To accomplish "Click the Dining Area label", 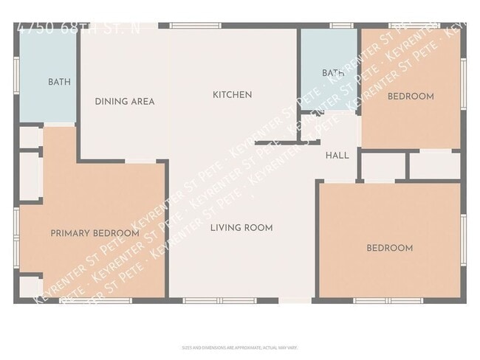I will pos(125,102).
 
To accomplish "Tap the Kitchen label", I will pos(233,94).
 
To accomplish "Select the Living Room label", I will pos(241,228).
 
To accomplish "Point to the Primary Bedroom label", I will pos(95,233).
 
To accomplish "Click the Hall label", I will pos(337,156).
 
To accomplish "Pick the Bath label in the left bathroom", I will pos(60,82).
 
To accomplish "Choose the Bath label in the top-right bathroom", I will pos(333,73).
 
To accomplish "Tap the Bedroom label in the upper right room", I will pos(411,97).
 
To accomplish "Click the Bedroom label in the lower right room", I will pos(390,248).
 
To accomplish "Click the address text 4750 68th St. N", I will pos(78,30).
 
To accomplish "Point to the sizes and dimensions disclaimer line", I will pos(240,347).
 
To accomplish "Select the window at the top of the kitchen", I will pos(195,26).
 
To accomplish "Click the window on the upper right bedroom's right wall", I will pos(464,81).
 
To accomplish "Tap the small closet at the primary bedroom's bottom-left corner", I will pos(30,286).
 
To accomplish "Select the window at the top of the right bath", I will pos(340,26).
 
